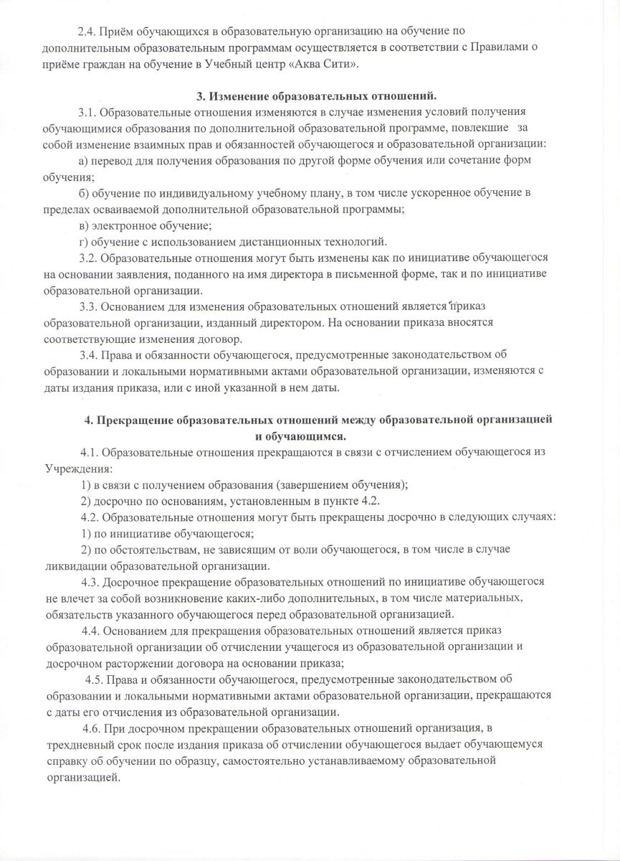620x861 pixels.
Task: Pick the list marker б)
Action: [83, 193]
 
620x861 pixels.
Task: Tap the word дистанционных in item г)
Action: [268, 241]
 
